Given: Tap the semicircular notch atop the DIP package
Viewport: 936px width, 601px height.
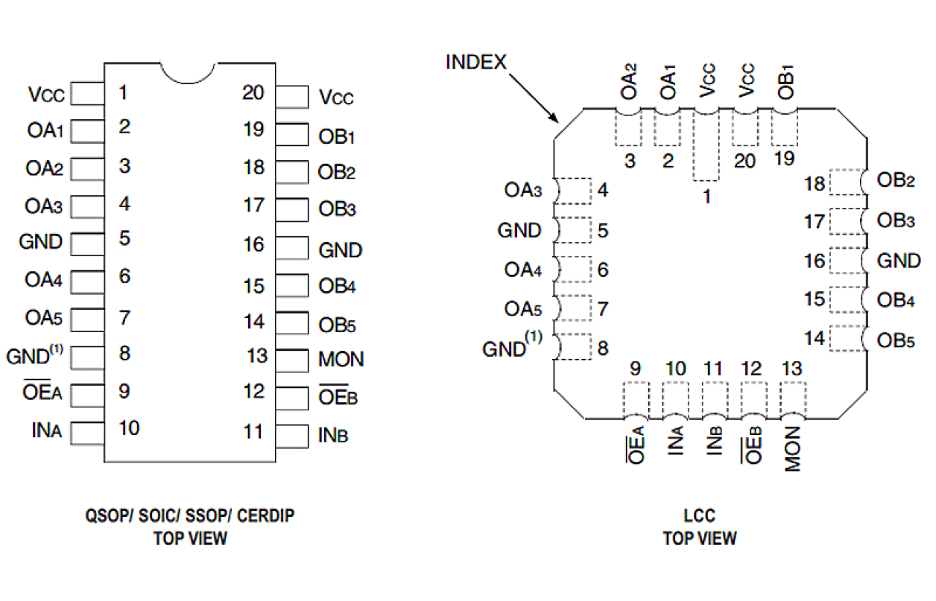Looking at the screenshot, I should click(x=188, y=72).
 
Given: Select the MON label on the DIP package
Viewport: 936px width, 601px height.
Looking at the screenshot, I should click(x=341, y=360).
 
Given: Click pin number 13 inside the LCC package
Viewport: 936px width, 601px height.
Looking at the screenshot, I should click(x=793, y=368).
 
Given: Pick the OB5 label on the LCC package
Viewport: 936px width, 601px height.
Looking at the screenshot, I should click(x=897, y=340).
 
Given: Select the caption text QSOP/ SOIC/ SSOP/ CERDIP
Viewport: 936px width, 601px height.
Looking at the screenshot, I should click(x=190, y=515).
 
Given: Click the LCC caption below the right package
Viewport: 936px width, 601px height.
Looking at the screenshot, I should click(x=699, y=515).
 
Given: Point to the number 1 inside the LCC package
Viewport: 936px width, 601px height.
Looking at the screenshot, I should click(x=706, y=198).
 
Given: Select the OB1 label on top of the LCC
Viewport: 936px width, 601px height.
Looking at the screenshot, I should click(x=786, y=83).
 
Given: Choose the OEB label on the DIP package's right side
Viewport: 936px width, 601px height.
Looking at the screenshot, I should click(x=338, y=397).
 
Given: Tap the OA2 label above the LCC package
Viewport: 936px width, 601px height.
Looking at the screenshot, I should click(x=630, y=83).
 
